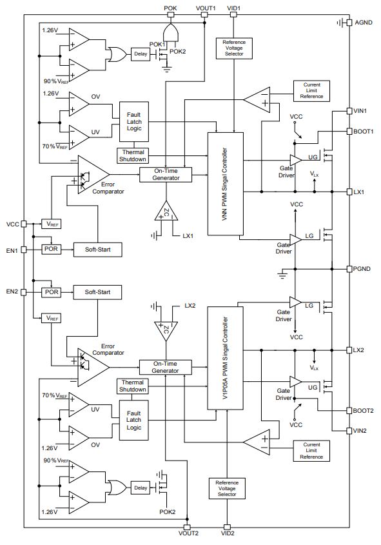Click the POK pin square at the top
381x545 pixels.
[x=170, y=15]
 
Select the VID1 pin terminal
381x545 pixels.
[x=233, y=15]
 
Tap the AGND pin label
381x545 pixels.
[x=364, y=23]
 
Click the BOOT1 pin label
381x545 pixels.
[x=364, y=132]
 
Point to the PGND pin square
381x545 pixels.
[x=349, y=269]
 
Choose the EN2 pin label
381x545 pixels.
[x=12, y=292]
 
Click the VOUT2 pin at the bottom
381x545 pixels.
[x=187, y=528]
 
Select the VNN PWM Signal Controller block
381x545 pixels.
[x=226, y=184]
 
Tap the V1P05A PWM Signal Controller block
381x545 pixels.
[x=226, y=358]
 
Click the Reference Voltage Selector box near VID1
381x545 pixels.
[x=234, y=48]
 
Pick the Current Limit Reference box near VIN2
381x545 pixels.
[x=311, y=451]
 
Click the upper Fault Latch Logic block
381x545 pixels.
[x=134, y=122]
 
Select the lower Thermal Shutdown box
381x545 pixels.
[x=133, y=386]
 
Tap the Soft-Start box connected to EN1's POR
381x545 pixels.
[x=97, y=250]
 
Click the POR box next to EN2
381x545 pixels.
[x=52, y=292]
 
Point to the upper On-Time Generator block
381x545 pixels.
[x=166, y=175]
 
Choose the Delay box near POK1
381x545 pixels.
[x=141, y=54]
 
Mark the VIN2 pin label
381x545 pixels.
[x=360, y=431]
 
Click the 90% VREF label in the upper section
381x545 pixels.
[x=56, y=81]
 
